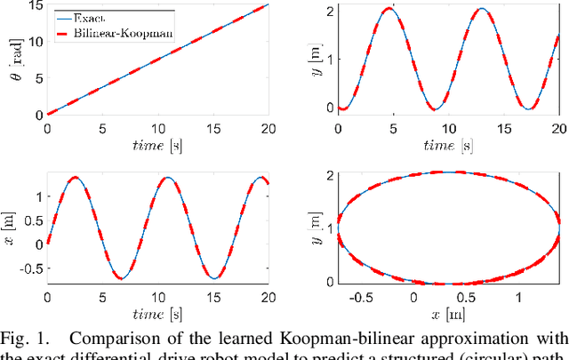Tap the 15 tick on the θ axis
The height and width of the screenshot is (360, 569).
34,6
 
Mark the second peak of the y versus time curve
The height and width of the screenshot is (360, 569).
482,10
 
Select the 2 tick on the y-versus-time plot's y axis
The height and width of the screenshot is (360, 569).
328,11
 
